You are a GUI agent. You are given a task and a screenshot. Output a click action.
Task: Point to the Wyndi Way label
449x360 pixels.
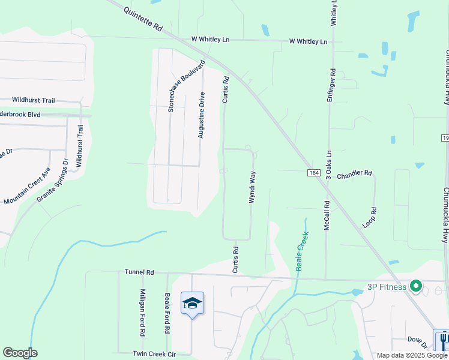[253, 187]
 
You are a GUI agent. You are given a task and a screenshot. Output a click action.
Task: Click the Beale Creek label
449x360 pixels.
[302, 251]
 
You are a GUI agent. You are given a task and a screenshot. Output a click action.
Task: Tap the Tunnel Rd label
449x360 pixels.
[140, 272]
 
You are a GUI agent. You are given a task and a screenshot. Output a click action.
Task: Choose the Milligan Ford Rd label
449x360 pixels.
[143, 311]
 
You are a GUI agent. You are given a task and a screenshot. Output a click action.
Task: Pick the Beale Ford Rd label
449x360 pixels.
[167, 314]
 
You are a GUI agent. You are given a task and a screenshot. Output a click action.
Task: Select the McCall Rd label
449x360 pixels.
[327, 214]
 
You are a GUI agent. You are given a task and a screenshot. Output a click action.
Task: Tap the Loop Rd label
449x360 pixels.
[373, 217]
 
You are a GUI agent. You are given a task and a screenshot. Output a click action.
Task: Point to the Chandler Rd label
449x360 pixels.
[354, 174]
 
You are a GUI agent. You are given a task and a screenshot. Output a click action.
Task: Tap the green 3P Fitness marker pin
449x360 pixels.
[415, 286]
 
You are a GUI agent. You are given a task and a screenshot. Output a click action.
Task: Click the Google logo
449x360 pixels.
[20, 353]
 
